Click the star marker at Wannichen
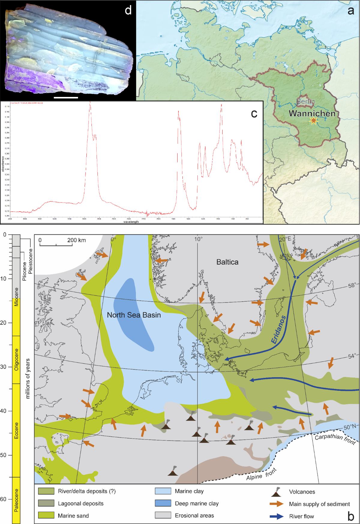pyautogui.click(x=313, y=121)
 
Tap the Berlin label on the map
pyautogui.click(x=305, y=101)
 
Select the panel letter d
pyautogui.click(x=128, y=11)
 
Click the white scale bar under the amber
pyautogui.click(x=66, y=98)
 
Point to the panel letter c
pyautogui.click(x=254, y=114)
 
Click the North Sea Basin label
pyautogui.click(x=134, y=315)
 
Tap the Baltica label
pyautogui.click(x=227, y=262)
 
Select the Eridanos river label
pyautogui.click(x=278, y=330)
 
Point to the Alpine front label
pyautogui.click(x=261, y=474)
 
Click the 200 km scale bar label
pyautogui.click(x=76, y=240)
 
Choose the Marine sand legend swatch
pyautogui.click(x=46, y=515)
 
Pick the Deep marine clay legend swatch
pyautogui.click(x=163, y=503)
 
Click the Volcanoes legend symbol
pyautogui.click(x=276, y=492)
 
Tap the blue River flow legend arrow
pyautogui.click(x=276, y=516)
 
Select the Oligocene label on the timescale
pyautogui.click(x=16, y=359)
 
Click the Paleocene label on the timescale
pyautogui.click(x=16, y=500)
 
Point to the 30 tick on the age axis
pyautogui.click(x=3, y=367)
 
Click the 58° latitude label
pyautogui.click(x=352, y=285)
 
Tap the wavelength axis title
pyautogui.click(x=131, y=222)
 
